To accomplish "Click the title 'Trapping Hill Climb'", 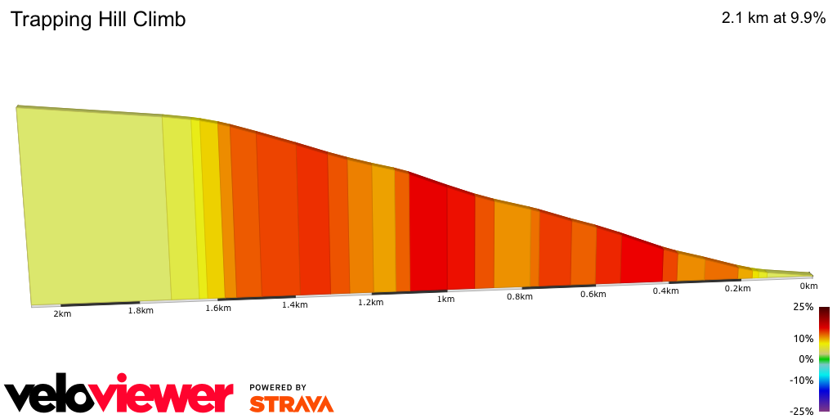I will click(98, 20).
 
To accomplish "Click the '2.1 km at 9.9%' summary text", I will click(773, 19).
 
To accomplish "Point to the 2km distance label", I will click(62, 314).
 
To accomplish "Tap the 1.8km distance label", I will click(141, 311).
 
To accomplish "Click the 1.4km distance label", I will click(294, 305).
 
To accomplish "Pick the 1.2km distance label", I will click(370, 302).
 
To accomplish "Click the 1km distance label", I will click(445, 300).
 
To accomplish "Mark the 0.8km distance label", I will click(519, 296).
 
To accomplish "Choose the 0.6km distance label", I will click(593, 294).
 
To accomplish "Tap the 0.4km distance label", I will click(666, 291).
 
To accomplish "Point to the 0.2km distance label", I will click(737, 289).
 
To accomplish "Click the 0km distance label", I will click(808, 286).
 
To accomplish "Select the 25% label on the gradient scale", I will click(803, 307).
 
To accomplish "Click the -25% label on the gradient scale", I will click(801, 412).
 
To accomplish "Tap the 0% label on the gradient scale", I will click(806, 359).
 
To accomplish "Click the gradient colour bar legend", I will click(824, 359).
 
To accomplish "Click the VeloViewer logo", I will click(119, 396).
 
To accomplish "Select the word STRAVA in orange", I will click(291, 404).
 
